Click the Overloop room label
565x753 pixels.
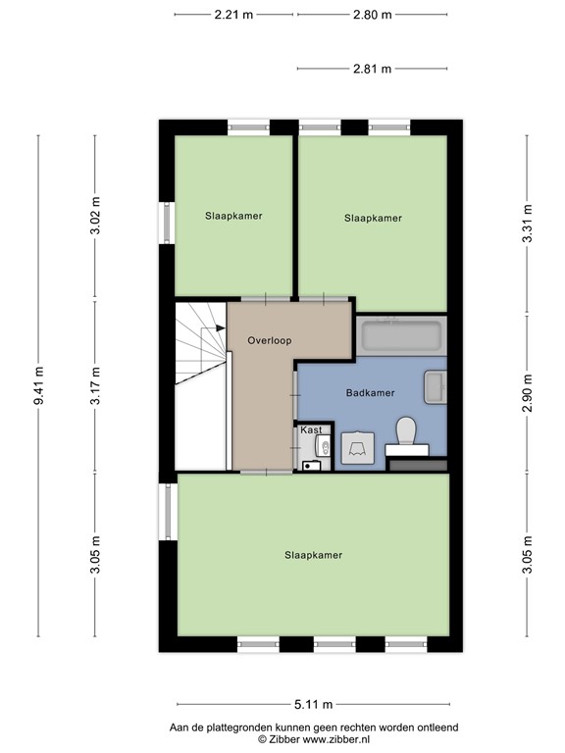270,340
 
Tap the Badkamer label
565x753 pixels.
371,393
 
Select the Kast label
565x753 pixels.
311,430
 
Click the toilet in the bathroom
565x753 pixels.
406,431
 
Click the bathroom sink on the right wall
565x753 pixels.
436,387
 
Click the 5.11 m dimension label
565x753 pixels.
314,704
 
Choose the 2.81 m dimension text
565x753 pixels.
373,69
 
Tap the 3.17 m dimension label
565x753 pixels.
95,385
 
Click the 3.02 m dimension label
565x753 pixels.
95,218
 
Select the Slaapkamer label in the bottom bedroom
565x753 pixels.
313,555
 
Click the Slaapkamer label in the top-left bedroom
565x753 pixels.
233,215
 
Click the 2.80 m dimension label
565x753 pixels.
373,15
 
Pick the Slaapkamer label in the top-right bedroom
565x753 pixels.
373,219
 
